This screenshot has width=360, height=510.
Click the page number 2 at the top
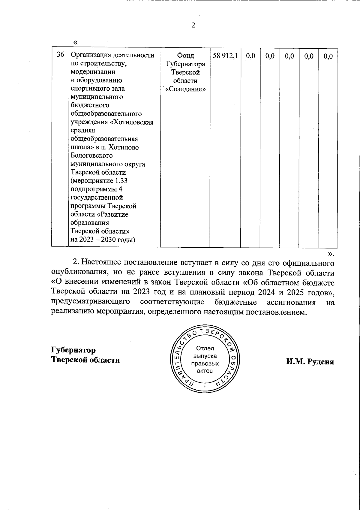pos(193,26)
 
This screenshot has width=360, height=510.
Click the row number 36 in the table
pos(60,55)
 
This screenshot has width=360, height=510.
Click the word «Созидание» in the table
pos(185,89)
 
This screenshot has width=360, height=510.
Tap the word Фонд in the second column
pos(185,56)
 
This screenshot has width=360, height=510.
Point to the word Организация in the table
pos(90,56)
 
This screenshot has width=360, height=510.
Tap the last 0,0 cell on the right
pos(328,56)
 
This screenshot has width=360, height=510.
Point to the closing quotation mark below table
pos(330,254)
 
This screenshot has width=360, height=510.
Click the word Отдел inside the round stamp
pos(205,349)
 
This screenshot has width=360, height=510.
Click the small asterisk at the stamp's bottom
pos(205,387)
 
